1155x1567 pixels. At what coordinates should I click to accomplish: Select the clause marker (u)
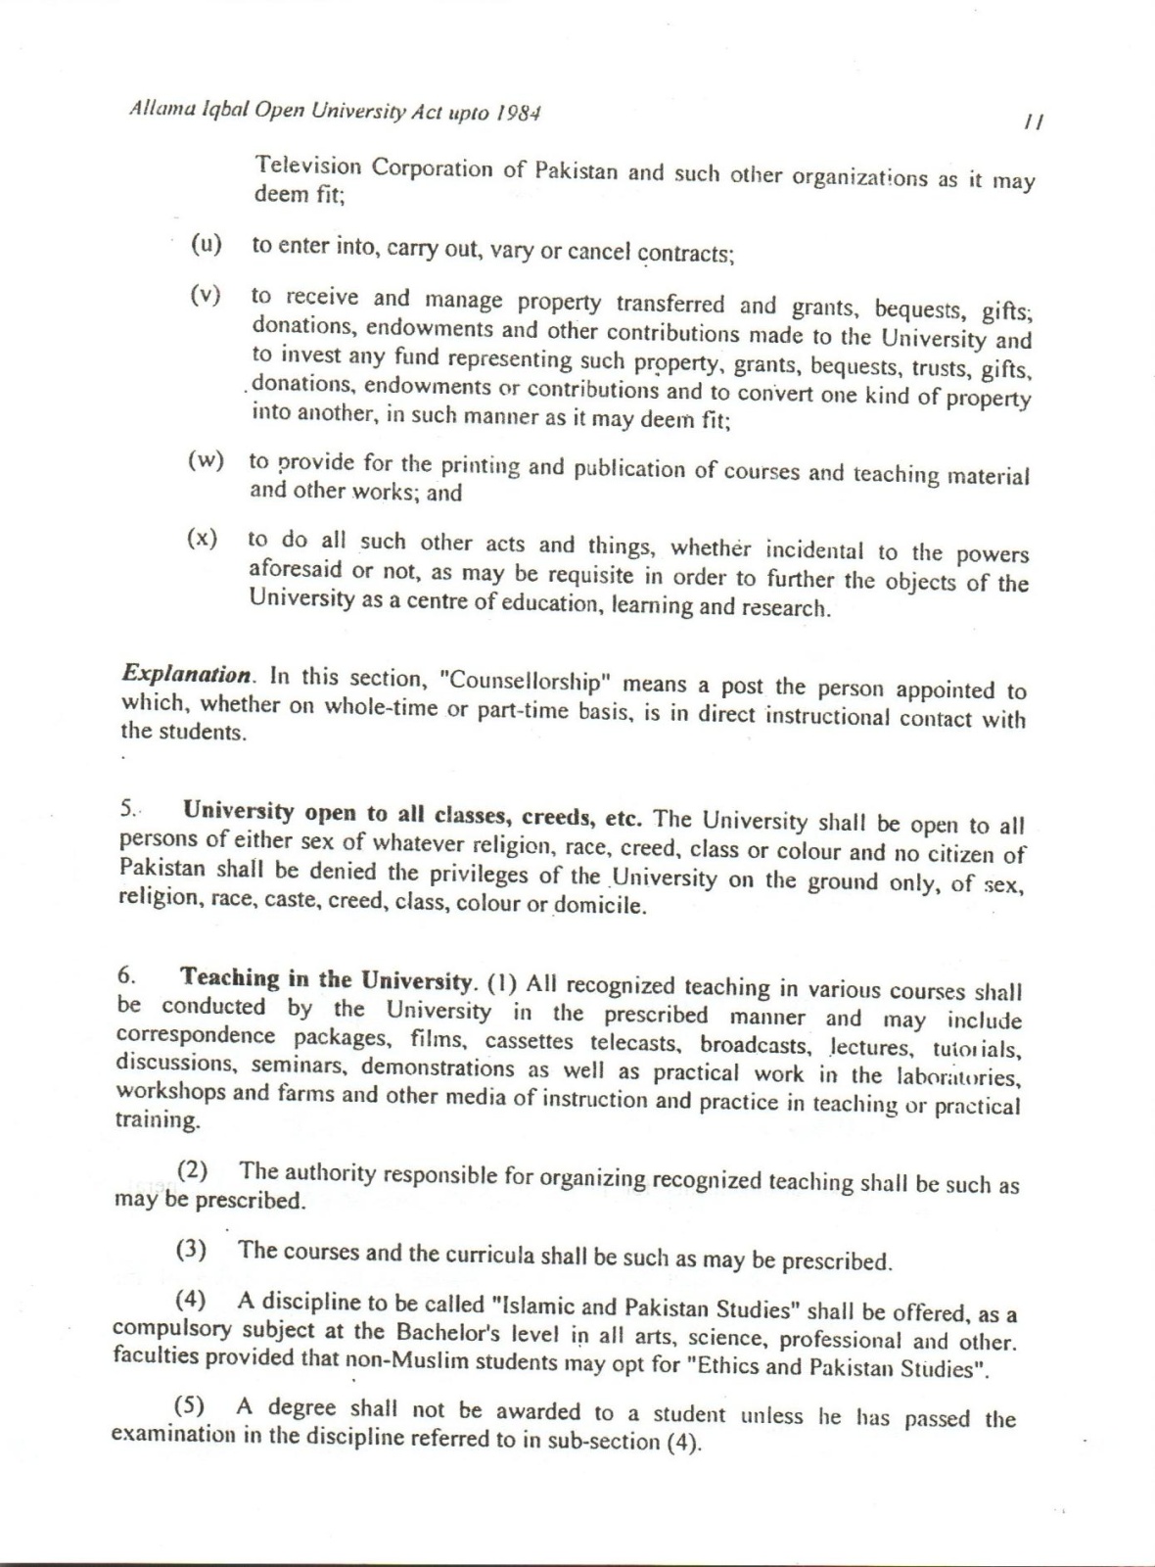pos(206,244)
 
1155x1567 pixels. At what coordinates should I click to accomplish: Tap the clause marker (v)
pos(206,295)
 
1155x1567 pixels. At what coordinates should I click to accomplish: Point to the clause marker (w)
pos(206,460)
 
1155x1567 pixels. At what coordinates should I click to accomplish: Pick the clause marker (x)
pos(203,539)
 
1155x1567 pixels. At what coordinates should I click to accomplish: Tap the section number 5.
pos(129,810)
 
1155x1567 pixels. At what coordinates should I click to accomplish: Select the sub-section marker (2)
pos(193,1170)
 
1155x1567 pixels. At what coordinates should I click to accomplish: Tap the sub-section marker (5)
pos(189,1406)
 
